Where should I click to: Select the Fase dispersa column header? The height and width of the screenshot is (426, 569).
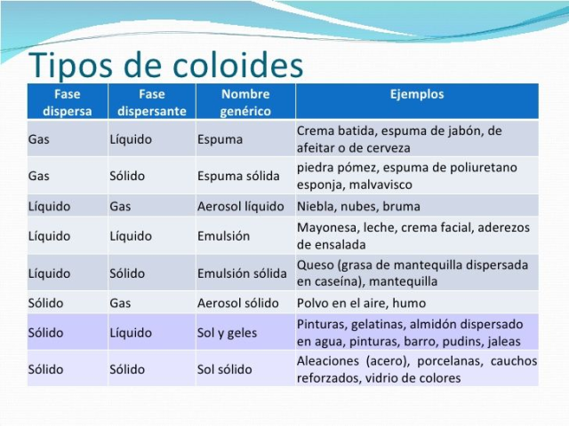tap(68, 101)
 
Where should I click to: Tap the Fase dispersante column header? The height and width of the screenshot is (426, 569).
tap(152, 101)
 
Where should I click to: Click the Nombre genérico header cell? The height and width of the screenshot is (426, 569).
tap(245, 101)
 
